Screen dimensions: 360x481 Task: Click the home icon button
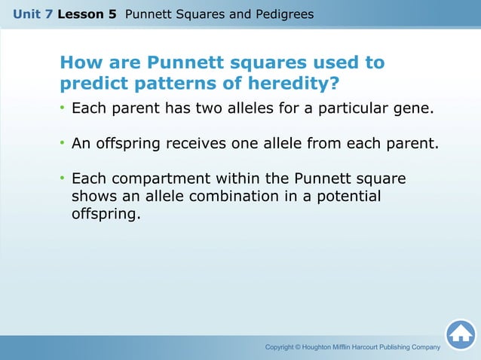click(460, 335)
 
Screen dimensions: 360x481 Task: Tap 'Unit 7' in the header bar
click(32, 14)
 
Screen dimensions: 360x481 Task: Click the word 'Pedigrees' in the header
click(286, 14)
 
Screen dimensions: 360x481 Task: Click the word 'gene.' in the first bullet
click(415, 108)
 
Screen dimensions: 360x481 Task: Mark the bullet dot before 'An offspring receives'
click(63, 143)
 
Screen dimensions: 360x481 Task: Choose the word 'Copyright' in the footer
click(282, 347)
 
